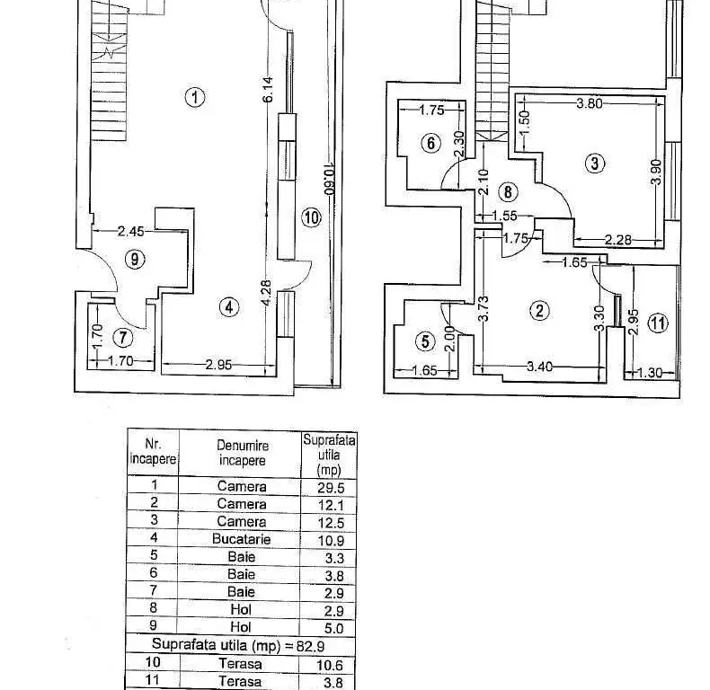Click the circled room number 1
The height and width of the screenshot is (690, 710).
pos(195,97)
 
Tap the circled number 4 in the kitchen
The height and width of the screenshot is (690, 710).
pos(229,307)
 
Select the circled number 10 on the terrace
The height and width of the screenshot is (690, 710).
pos(312,217)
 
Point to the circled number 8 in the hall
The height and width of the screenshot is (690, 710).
pos(508,192)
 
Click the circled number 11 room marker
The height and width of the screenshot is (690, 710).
pos(658,323)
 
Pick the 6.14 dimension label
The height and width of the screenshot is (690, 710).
pos(268,89)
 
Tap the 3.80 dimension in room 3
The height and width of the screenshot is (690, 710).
pos(590,103)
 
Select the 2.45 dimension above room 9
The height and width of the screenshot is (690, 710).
pos(131,232)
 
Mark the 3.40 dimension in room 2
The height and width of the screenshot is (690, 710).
pos(539,367)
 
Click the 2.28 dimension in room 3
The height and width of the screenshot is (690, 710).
pos(618,240)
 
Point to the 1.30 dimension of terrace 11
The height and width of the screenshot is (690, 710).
pos(650,373)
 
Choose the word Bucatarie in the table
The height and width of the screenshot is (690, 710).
pos(242,539)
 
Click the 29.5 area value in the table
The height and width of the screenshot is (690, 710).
pos(331,488)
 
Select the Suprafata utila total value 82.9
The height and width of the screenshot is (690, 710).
pos(310,646)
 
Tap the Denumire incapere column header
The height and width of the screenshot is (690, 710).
pos(243,453)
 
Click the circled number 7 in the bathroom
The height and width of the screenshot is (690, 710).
pos(123,337)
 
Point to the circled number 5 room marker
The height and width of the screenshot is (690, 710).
pos(425,341)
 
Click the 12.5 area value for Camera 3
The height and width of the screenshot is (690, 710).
pos(331,523)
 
